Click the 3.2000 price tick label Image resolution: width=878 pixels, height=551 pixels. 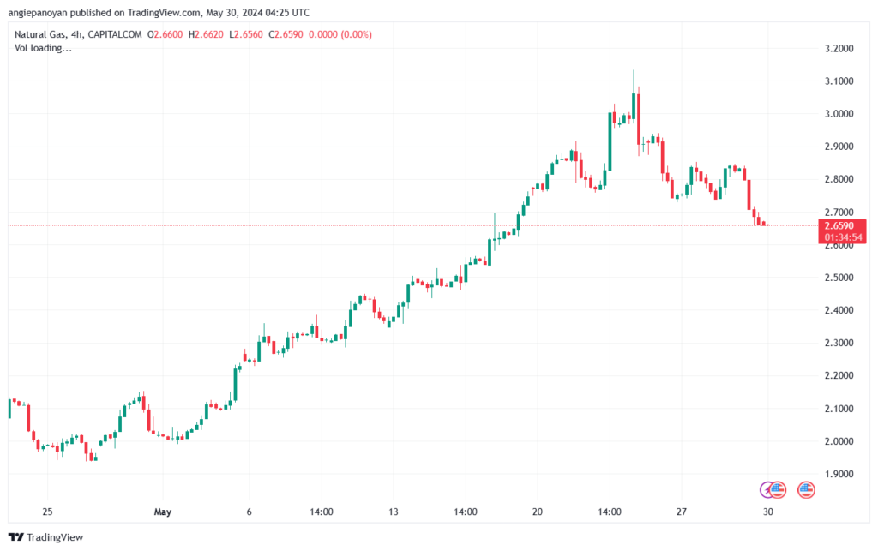pos(839,49)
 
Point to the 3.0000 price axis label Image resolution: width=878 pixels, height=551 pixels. pos(839,114)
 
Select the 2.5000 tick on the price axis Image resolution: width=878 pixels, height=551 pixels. pos(839,278)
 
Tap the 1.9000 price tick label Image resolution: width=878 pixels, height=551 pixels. pos(839,474)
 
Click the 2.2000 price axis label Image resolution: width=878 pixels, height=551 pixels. pos(839,375)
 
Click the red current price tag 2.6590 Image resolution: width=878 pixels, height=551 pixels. pos(839,226)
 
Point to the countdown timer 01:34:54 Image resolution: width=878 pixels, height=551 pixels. pos(843,237)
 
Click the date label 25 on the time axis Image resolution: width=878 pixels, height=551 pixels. pos(48,512)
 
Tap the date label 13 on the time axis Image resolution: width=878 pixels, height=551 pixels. pos(393,512)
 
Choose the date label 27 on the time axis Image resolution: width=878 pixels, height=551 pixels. pos(681,512)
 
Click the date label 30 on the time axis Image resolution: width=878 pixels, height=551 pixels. pos(767,512)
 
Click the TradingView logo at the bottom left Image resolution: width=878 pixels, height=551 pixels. pos(46,537)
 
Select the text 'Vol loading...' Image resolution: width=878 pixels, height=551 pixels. pos(43,48)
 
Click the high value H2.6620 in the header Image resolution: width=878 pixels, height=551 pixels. pos(206,34)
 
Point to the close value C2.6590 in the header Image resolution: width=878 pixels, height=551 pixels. pos(286,34)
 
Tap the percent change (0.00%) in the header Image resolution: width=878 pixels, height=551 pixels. pos(357,34)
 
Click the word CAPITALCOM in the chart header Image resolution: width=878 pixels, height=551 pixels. pos(115,34)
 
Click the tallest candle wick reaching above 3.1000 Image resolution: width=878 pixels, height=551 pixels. pos(634,81)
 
